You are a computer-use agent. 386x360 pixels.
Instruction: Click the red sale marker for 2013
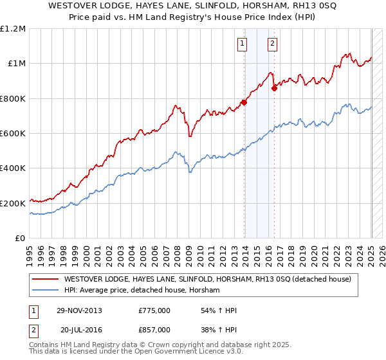pos(244,102)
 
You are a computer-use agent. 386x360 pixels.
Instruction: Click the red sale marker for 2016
pos(274,88)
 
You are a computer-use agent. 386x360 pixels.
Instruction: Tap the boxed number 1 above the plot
pos(242,44)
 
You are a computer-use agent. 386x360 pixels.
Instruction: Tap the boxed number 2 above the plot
pos(273,44)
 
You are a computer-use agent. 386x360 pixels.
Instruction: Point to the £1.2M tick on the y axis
pos(13,29)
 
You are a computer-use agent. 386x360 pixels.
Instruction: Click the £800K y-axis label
pos(13,99)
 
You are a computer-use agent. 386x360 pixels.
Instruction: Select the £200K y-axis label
pos(13,203)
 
